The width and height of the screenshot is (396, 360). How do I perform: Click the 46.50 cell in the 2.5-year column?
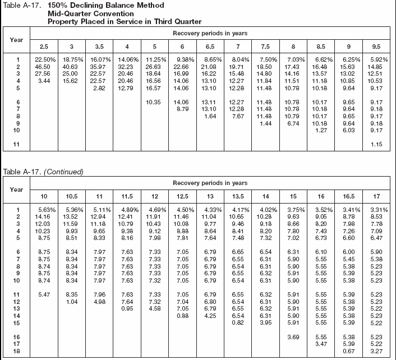click(43, 66)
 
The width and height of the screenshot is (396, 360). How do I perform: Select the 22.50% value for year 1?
click(44, 59)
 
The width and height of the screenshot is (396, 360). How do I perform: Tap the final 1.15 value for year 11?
click(379, 146)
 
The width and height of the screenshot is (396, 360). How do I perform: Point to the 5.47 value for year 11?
click(44, 294)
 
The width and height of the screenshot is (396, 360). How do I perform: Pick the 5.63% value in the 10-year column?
click(44, 209)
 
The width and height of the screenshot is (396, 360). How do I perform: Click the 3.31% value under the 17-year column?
click(379, 209)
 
